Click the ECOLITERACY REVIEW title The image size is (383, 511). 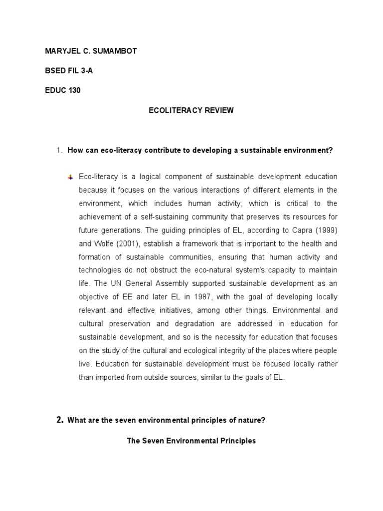[191, 110]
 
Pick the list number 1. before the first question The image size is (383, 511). [59, 150]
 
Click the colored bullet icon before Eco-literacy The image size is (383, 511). [70, 177]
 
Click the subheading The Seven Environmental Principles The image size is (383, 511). [191, 441]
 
